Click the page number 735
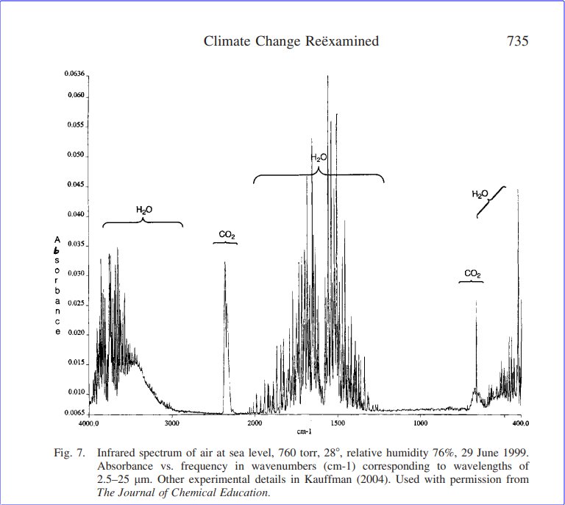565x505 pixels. pos(518,41)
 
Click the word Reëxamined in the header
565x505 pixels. pos(344,41)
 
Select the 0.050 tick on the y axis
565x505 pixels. pos(77,156)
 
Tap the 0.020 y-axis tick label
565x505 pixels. pos(77,333)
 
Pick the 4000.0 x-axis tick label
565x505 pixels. pos(89,423)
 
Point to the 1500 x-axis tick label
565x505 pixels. pos(338,423)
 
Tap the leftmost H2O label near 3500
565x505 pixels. pos(144,211)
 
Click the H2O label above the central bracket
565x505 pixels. pos(319,158)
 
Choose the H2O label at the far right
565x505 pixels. pos(480,194)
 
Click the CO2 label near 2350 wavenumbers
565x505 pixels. pos(227,236)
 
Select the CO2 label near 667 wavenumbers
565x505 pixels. pos(472,274)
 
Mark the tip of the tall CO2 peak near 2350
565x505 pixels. pos(225,262)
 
